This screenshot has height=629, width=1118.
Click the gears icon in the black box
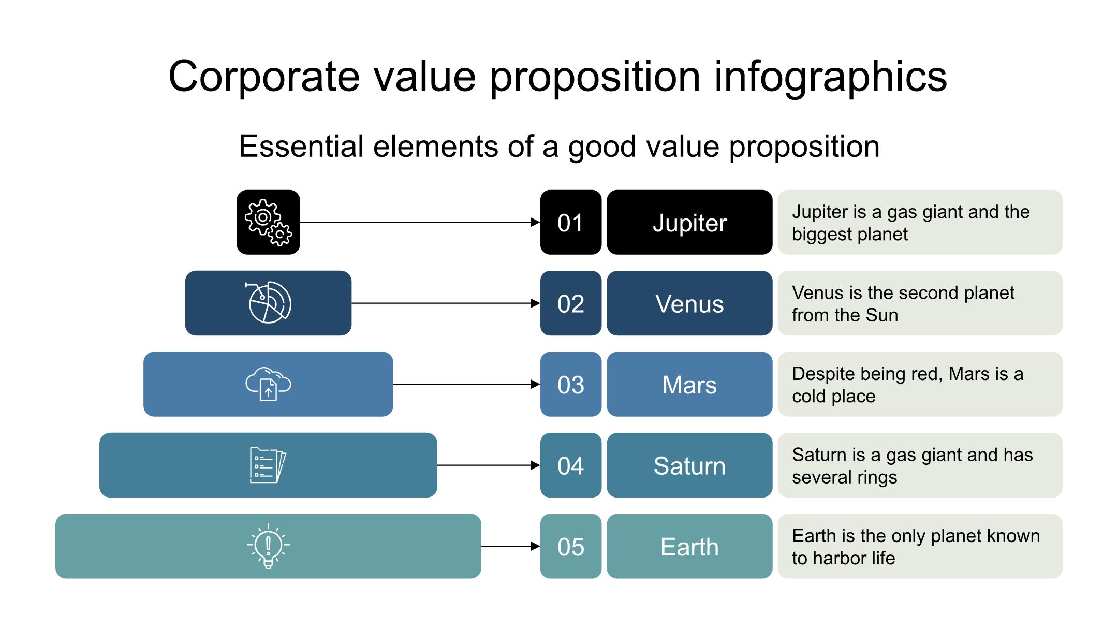268,223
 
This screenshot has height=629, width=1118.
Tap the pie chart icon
268,303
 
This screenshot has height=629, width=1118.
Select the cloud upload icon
268,384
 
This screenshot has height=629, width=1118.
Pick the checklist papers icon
268,465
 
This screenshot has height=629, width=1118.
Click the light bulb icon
268,546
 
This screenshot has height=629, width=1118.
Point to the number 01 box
571,222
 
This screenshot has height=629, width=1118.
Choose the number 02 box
571,303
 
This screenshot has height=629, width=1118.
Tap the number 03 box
571,384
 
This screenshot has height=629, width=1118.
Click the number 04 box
571,465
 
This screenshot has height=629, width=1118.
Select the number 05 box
571,546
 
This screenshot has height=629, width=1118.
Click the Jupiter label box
689,222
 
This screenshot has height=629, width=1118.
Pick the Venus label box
689,303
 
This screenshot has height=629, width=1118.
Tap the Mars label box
689,384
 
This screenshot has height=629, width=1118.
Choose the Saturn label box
689,465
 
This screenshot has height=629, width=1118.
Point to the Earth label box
689,546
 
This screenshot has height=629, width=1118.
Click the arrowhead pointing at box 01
536,222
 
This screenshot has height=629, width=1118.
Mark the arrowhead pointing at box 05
536,546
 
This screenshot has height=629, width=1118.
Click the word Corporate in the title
264,77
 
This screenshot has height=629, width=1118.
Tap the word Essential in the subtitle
301,146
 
